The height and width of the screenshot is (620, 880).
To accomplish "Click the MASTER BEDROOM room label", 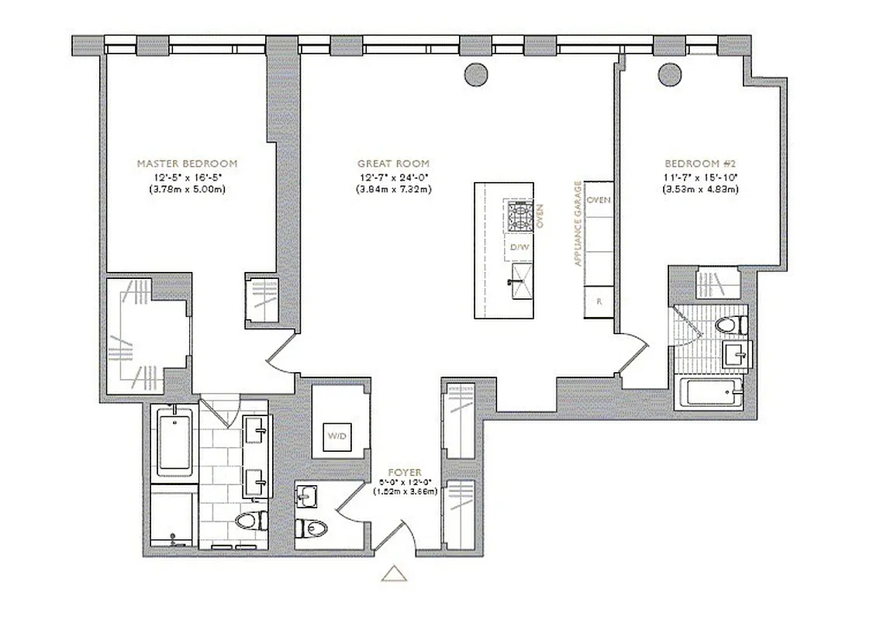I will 187,164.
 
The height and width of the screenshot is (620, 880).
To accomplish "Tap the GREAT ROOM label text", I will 393,164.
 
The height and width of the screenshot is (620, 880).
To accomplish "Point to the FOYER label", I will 404,472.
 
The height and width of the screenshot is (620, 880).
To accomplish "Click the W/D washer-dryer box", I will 337,437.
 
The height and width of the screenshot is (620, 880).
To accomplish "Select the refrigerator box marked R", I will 599,301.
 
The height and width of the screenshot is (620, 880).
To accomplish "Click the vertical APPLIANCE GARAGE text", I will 577,224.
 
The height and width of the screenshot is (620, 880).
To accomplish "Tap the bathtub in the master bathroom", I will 175,443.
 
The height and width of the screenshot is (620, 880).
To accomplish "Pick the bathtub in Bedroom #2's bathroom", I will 709,393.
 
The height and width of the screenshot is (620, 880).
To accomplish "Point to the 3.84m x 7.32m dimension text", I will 393,189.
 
